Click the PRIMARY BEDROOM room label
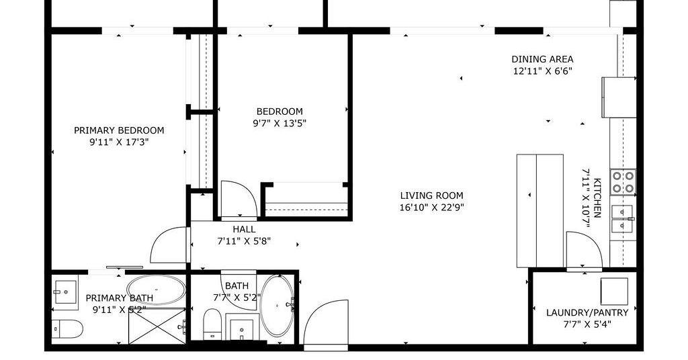(119, 130)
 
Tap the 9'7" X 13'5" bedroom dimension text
(279, 123)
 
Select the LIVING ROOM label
(432, 195)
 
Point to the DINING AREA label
(542, 59)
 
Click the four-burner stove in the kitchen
(623, 183)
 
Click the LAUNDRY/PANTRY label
(587, 312)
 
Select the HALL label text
(244, 229)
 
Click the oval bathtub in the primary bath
(156, 290)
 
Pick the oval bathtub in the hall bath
(277, 306)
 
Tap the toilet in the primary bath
(67, 329)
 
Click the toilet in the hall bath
(212, 324)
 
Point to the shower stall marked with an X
(157, 326)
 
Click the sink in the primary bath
(65, 292)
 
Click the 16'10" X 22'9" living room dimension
(432, 208)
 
